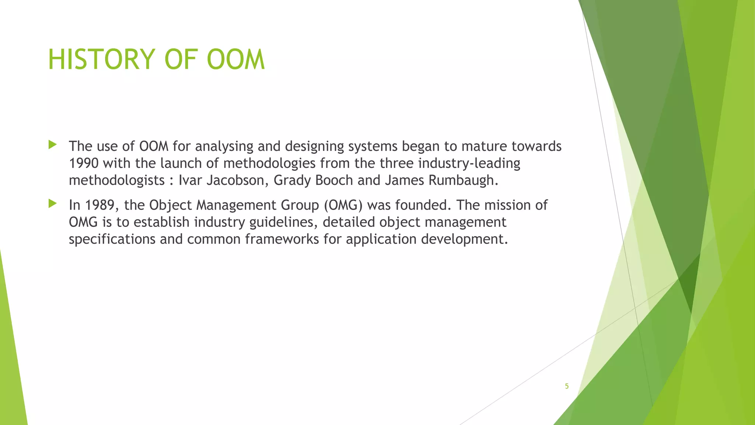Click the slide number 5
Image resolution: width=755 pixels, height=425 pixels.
(567, 386)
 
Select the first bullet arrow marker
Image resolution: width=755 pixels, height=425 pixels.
(52, 145)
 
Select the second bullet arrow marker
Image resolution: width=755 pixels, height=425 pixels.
(52, 203)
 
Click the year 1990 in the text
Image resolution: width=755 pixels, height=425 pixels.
(84, 163)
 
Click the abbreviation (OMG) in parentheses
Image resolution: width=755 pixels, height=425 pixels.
(343, 205)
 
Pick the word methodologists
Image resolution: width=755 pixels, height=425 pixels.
(117, 180)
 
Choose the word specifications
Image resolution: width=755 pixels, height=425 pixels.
(112, 239)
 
